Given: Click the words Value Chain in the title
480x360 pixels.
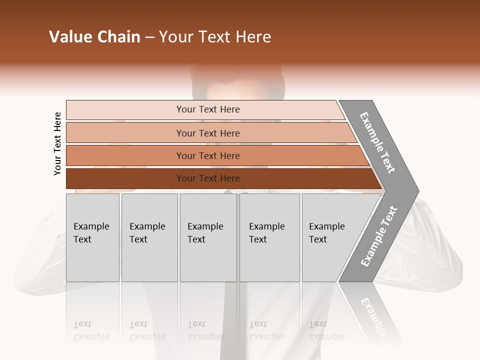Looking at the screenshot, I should click(x=94, y=37).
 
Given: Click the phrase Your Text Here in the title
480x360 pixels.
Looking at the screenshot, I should click(x=215, y=37).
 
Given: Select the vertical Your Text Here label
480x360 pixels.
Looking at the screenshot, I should click(x=57, y=144).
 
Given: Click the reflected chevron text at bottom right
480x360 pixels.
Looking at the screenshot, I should click(x=375, y=315).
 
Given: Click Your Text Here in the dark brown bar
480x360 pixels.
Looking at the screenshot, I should click(x=208, y=178).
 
